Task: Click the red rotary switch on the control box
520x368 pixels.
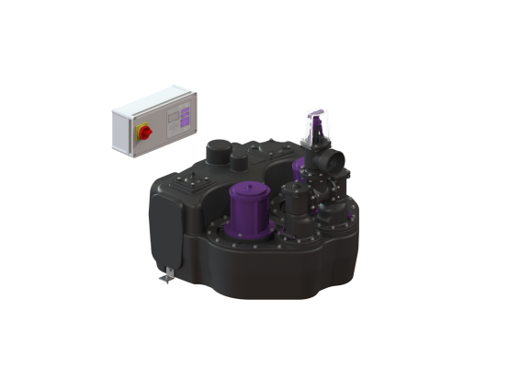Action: (144, 132)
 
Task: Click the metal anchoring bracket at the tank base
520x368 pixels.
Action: (166, 273)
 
